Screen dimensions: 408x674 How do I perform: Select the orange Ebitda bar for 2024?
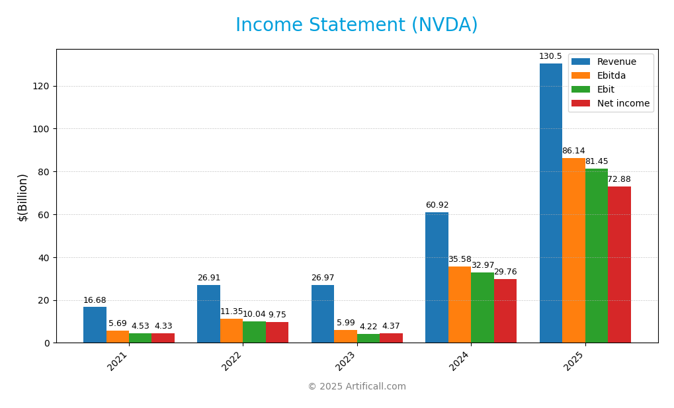tap(459, 305)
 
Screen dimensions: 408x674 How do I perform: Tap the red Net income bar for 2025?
tap(619, 265)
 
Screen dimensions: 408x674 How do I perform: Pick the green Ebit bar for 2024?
tap(482, 307)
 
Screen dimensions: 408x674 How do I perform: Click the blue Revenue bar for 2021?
tap(95, 325)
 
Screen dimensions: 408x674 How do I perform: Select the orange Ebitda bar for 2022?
tap(232, 331)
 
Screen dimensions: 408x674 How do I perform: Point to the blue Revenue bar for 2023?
tap(323, 314)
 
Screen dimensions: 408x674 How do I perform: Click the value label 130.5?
tap(550, 57)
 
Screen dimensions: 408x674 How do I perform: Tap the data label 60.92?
tap(437, 206)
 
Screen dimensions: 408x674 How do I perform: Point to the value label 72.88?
tap(619, 180)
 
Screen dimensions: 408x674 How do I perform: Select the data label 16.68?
tap(95, 301)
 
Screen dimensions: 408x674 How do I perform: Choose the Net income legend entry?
tap(623, 104)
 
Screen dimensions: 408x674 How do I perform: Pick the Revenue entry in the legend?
tap(616, 62)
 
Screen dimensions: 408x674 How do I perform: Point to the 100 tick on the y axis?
tap(40, 129)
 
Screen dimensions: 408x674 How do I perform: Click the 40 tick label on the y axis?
tap(43, 258)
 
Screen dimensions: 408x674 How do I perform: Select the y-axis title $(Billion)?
tap(23, 197)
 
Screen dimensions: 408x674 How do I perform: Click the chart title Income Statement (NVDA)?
tap(357, 26)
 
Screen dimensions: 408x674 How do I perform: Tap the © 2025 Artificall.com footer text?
tap(357, 387)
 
